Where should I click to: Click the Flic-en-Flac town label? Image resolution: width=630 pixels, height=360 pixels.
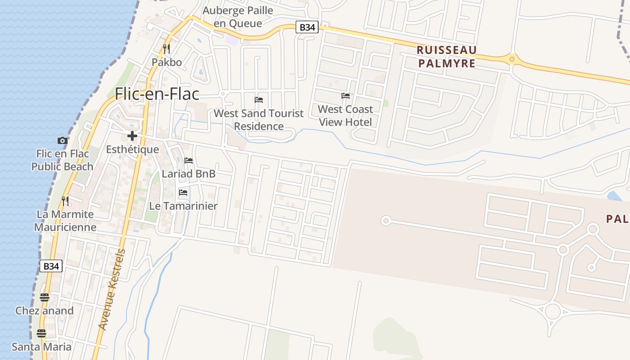point(157,94)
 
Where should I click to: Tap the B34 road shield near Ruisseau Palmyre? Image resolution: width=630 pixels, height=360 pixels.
point(307,27)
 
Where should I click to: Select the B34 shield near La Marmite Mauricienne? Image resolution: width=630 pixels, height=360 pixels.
point(51,266)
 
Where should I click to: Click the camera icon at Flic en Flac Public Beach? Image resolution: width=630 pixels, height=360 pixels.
point(63,141)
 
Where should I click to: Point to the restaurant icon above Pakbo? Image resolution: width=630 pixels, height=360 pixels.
point(166,49)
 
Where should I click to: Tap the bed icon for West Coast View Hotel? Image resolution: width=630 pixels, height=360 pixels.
point(346,96)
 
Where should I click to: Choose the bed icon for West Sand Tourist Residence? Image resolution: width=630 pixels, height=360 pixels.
point(259,100)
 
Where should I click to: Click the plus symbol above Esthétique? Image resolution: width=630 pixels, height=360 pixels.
point(132,135)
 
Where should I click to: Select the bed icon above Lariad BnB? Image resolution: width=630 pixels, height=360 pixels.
point(189,160)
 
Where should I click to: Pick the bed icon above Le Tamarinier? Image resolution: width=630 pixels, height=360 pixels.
point(183,193)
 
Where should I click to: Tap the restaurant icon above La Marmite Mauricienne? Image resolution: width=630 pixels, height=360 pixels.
point(66,200)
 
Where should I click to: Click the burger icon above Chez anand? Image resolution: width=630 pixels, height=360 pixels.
point(44,297)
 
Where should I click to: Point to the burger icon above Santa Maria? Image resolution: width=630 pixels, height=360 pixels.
point(41,333)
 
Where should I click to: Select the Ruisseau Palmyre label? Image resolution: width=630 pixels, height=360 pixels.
point(447,57)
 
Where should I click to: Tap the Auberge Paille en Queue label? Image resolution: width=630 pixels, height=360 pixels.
point(238,17)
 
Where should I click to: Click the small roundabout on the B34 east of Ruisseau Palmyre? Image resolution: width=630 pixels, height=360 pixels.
point(512,58)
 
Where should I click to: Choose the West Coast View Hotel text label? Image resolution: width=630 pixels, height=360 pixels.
point(346,116)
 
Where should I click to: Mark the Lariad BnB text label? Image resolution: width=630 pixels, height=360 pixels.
point(189,174)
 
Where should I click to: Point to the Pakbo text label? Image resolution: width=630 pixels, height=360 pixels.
point(166,62)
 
